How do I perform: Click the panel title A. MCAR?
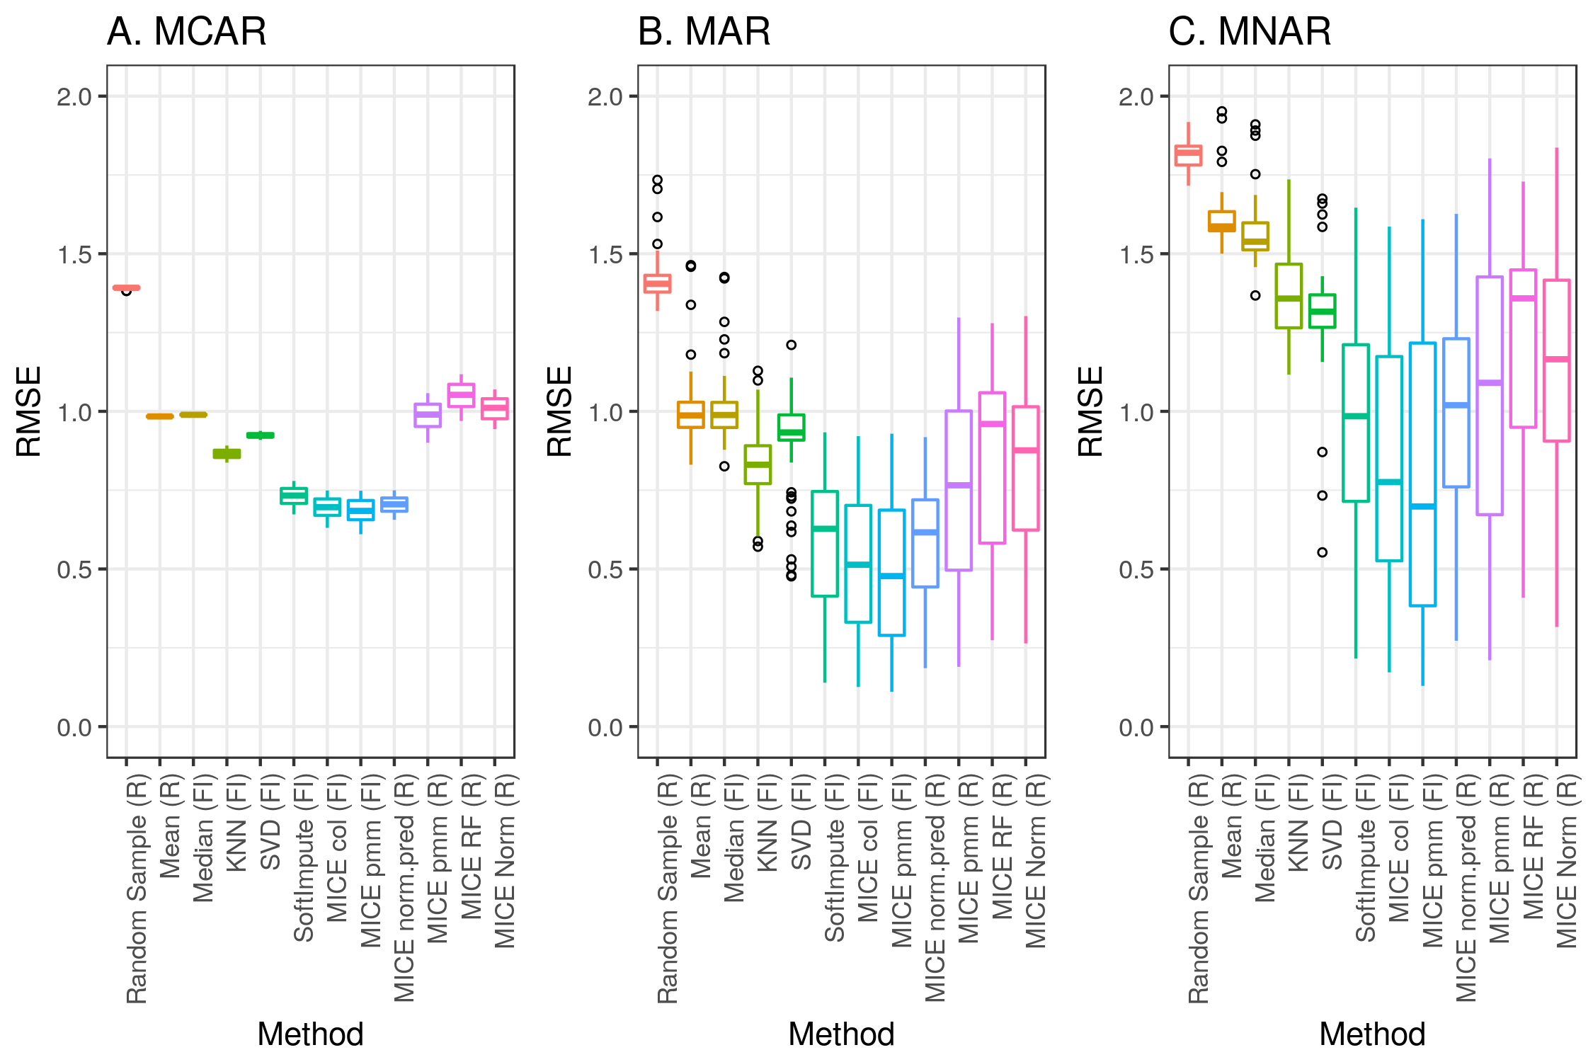point(187,32)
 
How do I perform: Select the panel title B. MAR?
point(704,32)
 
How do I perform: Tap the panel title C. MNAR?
point(1250,32)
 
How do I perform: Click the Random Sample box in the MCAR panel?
point(127,287)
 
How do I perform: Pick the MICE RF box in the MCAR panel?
point(461,395)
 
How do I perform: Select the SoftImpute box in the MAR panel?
point(825,544)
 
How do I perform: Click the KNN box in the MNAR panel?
point(1289,296)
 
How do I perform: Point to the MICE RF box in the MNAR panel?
point(1523,348)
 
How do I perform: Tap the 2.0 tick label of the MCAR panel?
point(75,97)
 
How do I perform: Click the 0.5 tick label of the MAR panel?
point(606,570)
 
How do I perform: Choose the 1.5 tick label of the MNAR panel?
point(1137,255)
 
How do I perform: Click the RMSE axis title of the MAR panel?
point(559,411)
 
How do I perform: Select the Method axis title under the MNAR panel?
point(1372,1034)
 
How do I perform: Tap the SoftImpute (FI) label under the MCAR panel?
point(304,881)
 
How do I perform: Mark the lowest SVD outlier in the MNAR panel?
point(1322,552)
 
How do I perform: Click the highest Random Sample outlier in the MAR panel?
point(657,180)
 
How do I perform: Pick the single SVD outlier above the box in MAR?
point(792,345)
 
